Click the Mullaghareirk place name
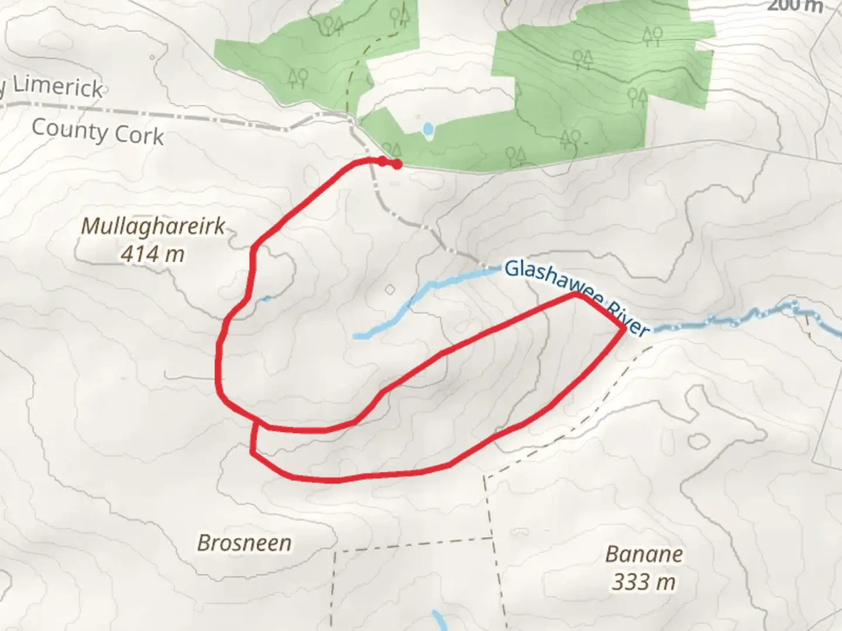[x=153, y=227]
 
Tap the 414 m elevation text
[x=153, y=254]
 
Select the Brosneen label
[x=244, y=543]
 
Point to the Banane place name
[x=644, y=554]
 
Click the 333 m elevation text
[x=644, y=582]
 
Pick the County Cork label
[x=98, y=131]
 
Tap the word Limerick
[x=57, y=88]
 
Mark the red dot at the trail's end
[x=397, y=165]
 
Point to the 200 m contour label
[x=794, y=6]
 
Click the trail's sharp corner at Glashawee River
[x=624, y=329]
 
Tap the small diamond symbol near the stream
[x=389, y=289]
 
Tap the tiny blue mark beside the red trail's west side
[x=266, y=299]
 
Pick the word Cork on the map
[x=139, y=136]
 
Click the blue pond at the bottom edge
[x=437, y=619]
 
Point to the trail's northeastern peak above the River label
[x=577, y=295]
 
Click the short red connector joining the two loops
[x=254, y=437]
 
